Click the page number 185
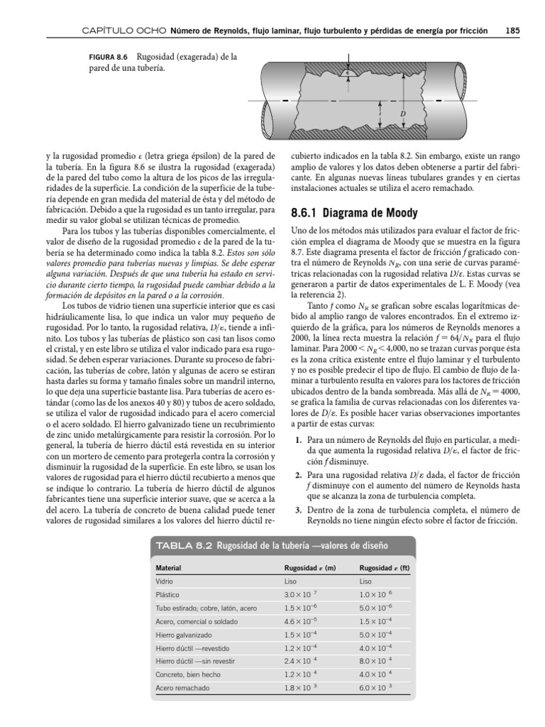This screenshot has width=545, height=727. tap(513, 31)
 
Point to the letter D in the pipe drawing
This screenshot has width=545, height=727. tap(402, 114)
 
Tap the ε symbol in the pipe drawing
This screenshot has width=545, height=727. tap(348, 71)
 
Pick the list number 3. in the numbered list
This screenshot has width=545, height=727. tap(300, 510)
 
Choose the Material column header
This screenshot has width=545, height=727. tap(169, 568)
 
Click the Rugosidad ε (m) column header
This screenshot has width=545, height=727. tap(310, 568)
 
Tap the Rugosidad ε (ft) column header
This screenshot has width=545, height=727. tap(385, 568)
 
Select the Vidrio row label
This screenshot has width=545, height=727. tap(165, 581)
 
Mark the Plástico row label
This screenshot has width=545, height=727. tap(167, 594)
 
